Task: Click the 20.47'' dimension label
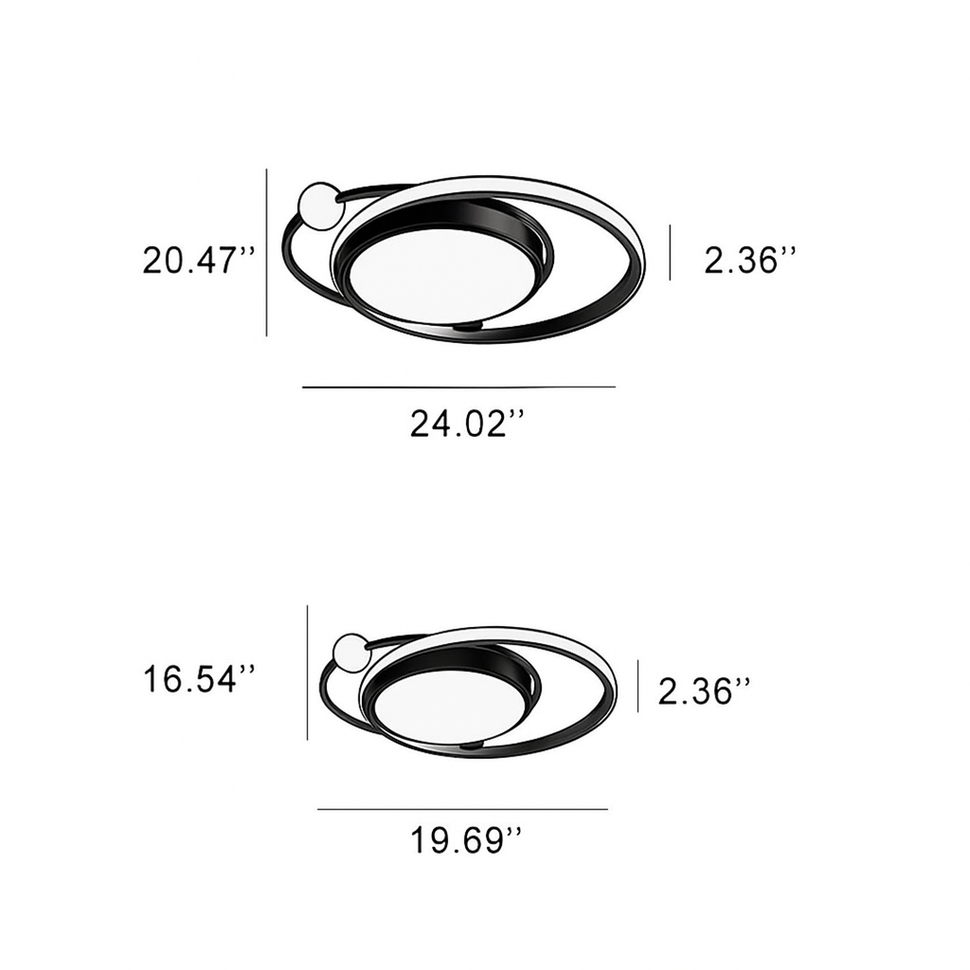(x=199, y=260)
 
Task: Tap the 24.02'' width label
(x=467, y=423)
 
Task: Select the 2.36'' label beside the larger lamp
(x=750, y=260)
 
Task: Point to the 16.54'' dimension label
(x=199, y=679)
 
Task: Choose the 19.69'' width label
(x=466, y=840)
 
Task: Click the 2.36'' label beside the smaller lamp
(x=704, y=691)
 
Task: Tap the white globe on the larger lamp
(x=320, y=206)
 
